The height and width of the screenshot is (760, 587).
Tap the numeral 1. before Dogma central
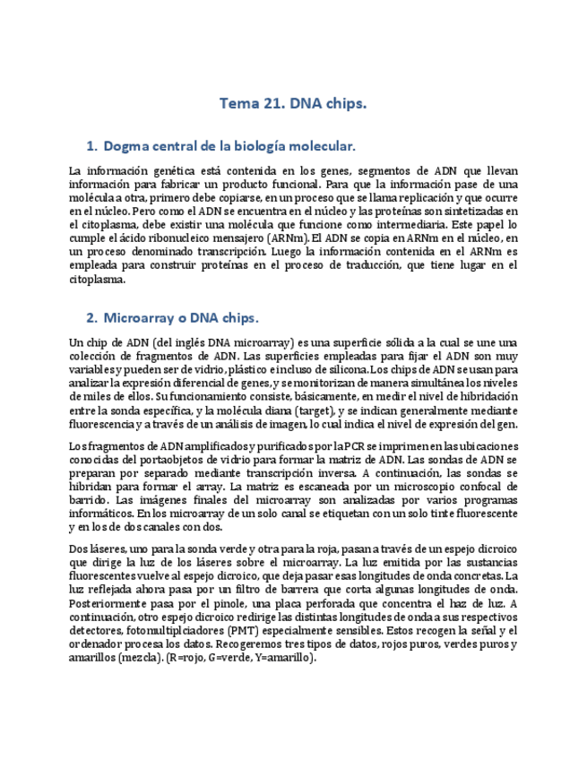(x=91, y=145)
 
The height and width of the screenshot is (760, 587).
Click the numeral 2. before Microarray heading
(x=91, y=317)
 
